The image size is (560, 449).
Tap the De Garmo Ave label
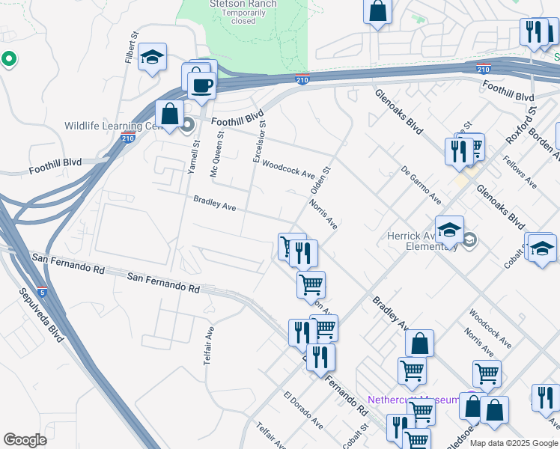point(421,184)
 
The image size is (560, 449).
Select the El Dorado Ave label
point(303,409)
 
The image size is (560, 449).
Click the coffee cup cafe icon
point(201,85)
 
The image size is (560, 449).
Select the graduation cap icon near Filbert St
point(152,57)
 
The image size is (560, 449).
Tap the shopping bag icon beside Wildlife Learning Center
point(170,114)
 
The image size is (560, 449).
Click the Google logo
point(25,439)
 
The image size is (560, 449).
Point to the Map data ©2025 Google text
point(512,443)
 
